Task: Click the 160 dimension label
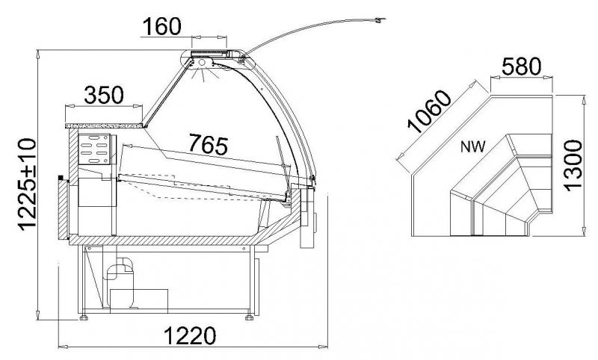click(x=162, y=26)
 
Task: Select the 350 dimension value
click(x=104, y=95)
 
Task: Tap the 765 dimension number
click(x=209, y=145)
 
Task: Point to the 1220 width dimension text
click(x=190, y=335)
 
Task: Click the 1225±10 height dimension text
click(x=28, y=184)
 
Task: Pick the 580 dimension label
click(x=521, y=66)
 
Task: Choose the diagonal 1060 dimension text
click(x=429, y=111)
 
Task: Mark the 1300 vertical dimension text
click(x=573, y=165)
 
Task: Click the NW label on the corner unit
click(x=473, y=146)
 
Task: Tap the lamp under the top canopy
click(x=203, y=63)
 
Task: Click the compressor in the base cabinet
click(x=120, y=282)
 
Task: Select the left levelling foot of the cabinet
click(x=84, y=317)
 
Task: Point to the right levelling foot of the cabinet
click(x=250, y=317)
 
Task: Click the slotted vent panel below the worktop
click(x=94, y=149)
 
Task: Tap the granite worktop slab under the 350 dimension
click(x=104, y=125)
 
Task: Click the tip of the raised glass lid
click(x=384, y=19)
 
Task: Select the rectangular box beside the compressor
click(x=139, y=300)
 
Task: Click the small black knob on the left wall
click(x=61, y=178)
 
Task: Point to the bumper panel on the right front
click(x=307, y=218)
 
